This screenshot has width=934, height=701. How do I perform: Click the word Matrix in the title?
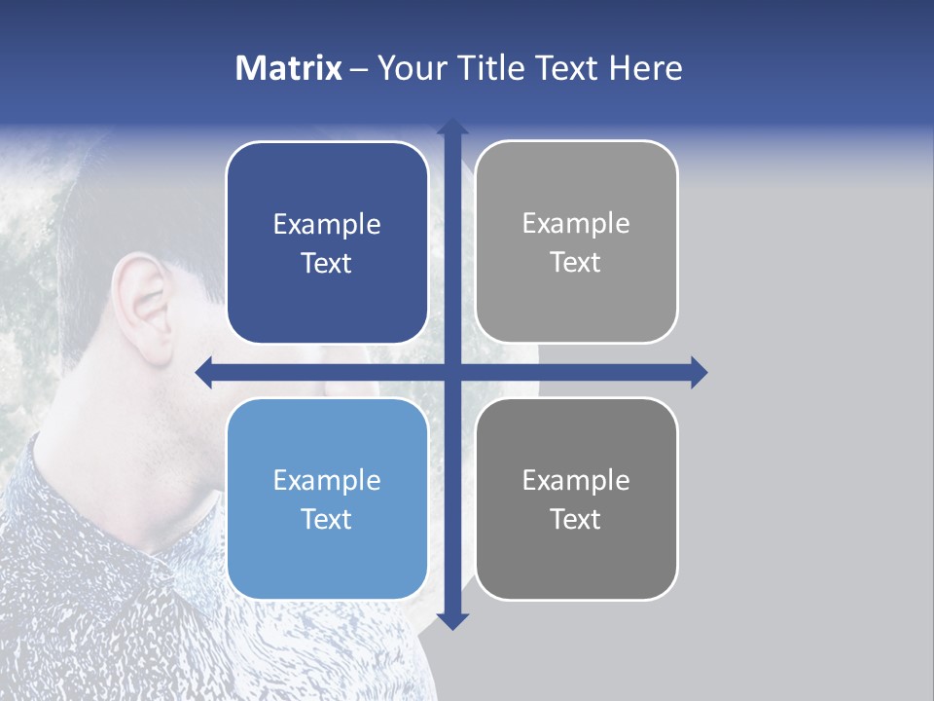coord(288,68)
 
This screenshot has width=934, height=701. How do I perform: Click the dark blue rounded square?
coord(327,243)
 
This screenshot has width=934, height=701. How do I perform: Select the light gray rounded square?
coord(576,242)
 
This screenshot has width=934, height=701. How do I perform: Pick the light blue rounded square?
coord(327,498)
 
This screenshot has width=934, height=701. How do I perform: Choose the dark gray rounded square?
coord(576,498)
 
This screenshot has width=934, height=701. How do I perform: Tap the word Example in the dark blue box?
coord(327,225)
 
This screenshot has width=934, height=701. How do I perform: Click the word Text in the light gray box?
coord(576,263)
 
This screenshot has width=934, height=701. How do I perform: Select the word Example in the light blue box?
coord(327,480)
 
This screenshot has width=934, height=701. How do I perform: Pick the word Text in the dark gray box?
coord(576,519)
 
